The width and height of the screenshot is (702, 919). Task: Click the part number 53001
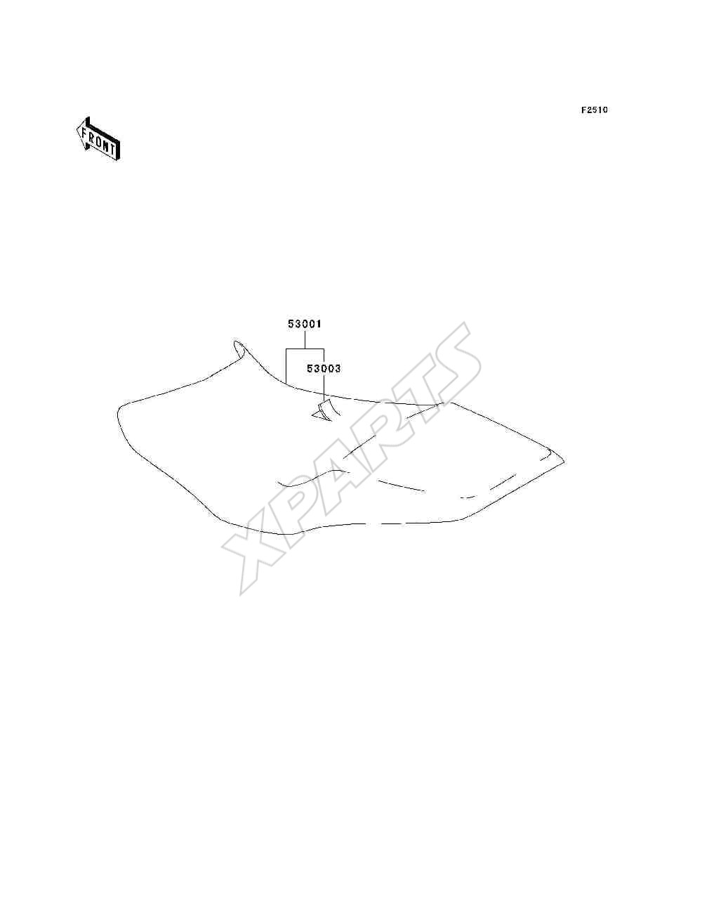click(x=304, y=324)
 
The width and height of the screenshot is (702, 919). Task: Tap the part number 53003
click(x=324, y=368)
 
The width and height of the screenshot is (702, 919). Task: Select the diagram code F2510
click(x=595, y=110)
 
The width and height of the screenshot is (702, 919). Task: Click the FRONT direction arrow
click(x=98, y=138)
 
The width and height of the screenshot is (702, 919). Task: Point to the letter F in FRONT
click(x=84, y=133)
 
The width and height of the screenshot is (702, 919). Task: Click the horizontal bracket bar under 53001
click(x=305, y=348)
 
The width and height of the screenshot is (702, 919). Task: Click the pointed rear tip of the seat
click(x=563, y=462)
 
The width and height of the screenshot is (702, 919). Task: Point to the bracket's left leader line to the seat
click(x=286, y=365)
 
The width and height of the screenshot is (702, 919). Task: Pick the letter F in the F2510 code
click(x=583, y=110)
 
